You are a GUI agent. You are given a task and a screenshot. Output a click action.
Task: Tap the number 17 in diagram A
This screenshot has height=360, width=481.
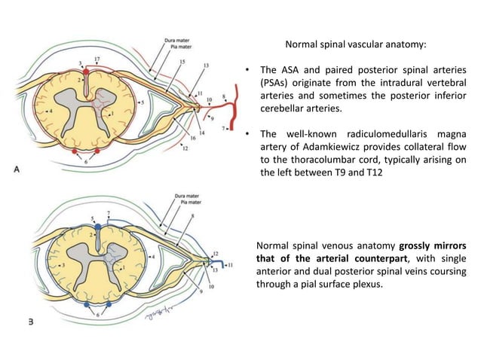point(96,57)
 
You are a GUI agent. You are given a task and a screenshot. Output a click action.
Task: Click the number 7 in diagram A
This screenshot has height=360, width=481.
point(223,130)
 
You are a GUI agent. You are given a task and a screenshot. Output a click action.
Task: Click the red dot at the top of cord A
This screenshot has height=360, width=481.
point(86,72)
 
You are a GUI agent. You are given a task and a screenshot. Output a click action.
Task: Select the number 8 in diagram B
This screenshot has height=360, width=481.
point(192,216)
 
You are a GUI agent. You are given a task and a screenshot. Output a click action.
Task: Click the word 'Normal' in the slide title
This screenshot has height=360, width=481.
point(300,44)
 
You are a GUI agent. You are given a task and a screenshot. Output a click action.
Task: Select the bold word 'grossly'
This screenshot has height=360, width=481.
point(419,246)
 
